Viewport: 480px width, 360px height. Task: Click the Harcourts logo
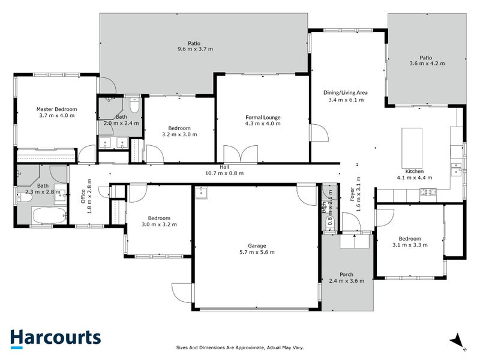point(55,337)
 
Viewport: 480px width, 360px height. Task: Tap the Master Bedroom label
point(56,109)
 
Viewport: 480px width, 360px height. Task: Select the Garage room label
point(256,246)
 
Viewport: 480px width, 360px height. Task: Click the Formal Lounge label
point(263,117)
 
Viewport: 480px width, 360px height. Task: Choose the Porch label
point(346,274)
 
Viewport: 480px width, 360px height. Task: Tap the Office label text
point(83,196)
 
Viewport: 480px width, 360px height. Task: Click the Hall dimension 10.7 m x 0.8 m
point(224,173)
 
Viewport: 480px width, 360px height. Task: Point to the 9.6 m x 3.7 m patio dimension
point(194,49)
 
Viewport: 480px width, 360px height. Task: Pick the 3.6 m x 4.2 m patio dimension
point(425,63)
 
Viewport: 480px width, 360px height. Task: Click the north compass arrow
point(457,340)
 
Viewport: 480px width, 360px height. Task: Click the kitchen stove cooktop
point(428,192)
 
